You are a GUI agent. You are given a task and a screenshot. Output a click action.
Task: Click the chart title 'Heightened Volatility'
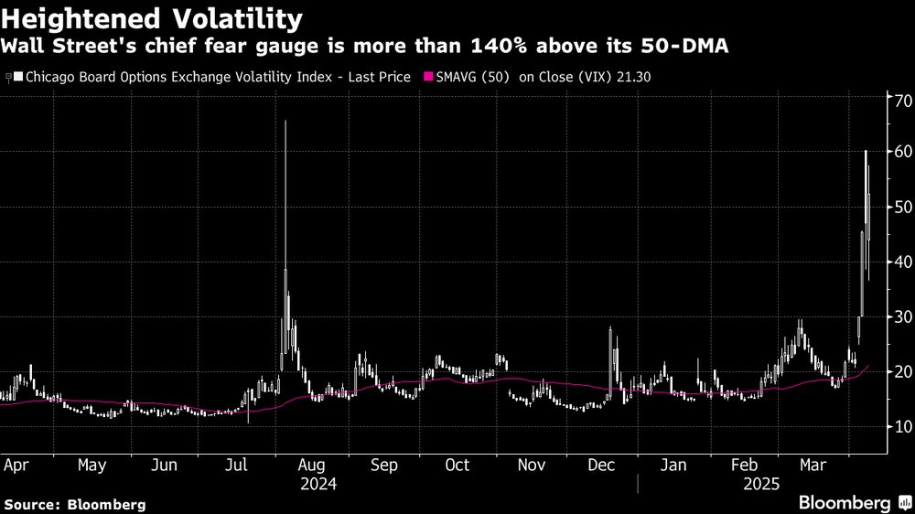coord(152,17)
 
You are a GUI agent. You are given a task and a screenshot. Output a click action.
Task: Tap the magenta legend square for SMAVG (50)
coord(427,78)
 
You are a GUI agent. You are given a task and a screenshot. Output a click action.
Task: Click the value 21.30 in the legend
coord(634,78)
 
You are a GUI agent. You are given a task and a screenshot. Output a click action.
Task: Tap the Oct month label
coord(457,465)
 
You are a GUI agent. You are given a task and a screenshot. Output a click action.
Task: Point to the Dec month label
coord(601,465)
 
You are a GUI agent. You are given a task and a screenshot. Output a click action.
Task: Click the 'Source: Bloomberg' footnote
coord(74,504)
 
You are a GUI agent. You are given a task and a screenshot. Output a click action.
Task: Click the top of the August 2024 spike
coord(285,122)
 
